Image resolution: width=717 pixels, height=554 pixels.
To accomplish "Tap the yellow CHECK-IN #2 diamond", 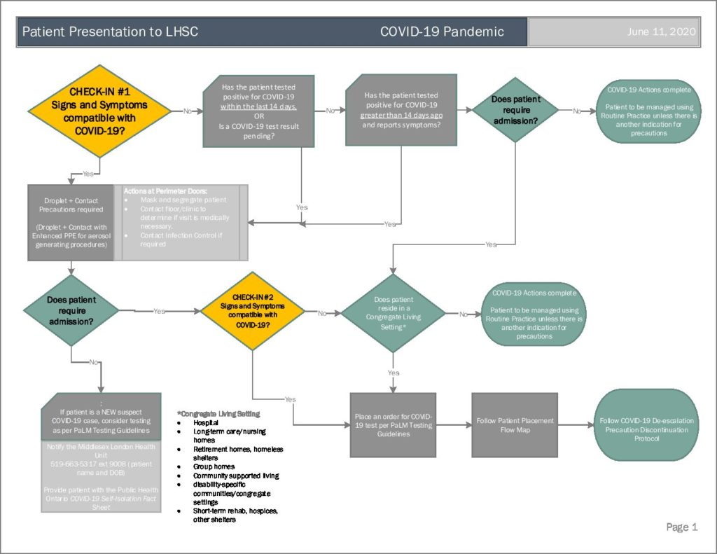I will point(253,311).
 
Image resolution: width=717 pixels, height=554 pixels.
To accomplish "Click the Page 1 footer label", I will point(681,527).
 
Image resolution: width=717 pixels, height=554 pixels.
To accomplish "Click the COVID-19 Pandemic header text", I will point(442,32).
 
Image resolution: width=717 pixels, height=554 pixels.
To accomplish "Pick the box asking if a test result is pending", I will point(258,111).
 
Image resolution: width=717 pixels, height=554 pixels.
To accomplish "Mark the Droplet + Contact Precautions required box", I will point(70,223).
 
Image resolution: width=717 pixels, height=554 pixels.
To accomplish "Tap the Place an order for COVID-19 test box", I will point(392,425).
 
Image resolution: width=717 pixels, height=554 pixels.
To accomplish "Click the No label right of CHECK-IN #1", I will point(187,111).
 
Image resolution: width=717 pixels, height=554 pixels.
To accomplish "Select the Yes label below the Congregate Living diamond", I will point(394,373).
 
